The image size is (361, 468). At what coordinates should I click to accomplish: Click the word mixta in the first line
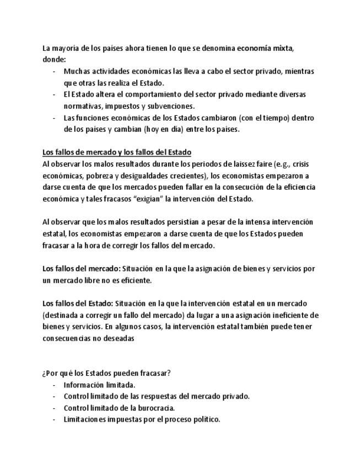point(283,48)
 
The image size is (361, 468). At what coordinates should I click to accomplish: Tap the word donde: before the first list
point(53,60)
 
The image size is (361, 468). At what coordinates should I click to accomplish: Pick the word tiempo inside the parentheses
point(261,118)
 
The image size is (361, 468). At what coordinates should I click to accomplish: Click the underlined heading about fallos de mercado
point(117,152)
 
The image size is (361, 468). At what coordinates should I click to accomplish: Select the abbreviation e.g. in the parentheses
point(282,164)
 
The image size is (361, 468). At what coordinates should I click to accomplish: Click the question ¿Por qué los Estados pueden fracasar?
point(106,373)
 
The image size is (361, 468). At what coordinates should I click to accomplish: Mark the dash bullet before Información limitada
point(54,385)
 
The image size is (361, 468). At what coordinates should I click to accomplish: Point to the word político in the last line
point(205,419)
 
